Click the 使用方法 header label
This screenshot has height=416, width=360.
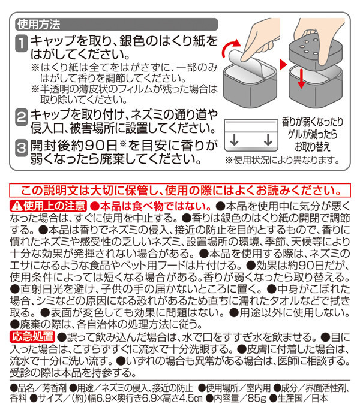(x=39, y=25)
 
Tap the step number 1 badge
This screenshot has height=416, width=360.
(x=21, y=43)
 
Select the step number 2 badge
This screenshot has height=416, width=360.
(x=21, y=117)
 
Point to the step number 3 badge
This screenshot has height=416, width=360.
(x=21, y=148)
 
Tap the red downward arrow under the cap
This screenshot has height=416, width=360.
(x=301, y=78)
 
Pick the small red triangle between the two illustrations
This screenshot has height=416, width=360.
(x=283, y=65)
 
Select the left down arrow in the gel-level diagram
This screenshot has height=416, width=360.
(x=234, y=140)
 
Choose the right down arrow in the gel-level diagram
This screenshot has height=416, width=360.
(x=268, y=140)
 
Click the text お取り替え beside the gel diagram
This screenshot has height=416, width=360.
(x=312, y=147)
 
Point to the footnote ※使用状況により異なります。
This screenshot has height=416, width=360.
(x=282, y=161)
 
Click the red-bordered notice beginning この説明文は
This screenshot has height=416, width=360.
(x=180, y=190)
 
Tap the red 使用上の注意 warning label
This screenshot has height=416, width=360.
(x=49, y=206)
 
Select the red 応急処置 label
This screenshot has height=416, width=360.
(x=32, y=337)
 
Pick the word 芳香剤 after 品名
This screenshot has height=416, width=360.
(x=54, y=388)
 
